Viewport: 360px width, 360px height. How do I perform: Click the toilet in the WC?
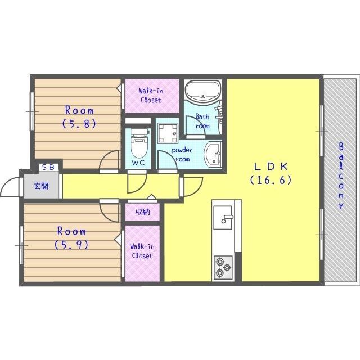139,143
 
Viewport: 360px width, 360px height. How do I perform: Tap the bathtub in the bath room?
203,91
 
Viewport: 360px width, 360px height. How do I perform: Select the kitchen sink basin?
223,218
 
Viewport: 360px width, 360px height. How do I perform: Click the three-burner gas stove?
223,268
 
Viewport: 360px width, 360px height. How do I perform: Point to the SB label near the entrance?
49,167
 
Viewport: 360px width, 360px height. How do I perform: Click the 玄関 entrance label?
42,186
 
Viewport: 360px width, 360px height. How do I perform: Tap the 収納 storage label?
142,212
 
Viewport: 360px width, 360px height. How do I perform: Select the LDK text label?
271,166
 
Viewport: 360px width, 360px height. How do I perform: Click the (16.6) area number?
271,180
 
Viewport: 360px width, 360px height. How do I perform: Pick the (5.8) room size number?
79,124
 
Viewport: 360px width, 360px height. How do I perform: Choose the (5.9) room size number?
71,245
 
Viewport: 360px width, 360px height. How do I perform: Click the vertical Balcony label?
341,175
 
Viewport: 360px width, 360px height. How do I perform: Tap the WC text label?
138,163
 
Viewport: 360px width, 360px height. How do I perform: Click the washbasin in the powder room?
213,154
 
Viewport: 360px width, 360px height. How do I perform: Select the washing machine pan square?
168,133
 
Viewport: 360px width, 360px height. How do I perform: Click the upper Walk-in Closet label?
151,96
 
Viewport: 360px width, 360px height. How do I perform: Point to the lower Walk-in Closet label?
142,251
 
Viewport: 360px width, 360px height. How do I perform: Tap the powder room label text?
182,155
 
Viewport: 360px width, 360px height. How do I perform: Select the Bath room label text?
202,121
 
